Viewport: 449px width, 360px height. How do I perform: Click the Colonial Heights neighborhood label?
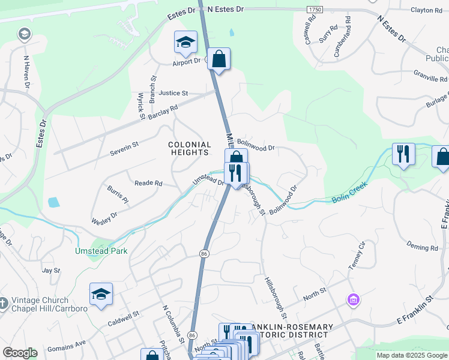point(190,149)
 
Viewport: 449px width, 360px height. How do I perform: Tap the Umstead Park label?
point(101,251)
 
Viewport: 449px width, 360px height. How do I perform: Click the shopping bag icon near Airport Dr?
point(220,59)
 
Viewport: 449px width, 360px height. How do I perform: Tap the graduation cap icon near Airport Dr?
point(185,42)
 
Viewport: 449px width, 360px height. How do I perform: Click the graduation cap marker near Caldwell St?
point(101,294)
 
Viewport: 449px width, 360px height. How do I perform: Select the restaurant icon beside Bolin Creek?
point(403,154)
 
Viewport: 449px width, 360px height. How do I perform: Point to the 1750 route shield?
point(315,10)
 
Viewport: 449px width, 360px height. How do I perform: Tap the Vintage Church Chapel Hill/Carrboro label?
point(45,304)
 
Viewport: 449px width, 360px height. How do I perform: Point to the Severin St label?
point(124,148)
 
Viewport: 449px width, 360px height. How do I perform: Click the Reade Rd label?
point(148,183)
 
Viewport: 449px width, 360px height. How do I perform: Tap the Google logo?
point(20,353)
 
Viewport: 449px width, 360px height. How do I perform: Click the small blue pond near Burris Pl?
point(53,202)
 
